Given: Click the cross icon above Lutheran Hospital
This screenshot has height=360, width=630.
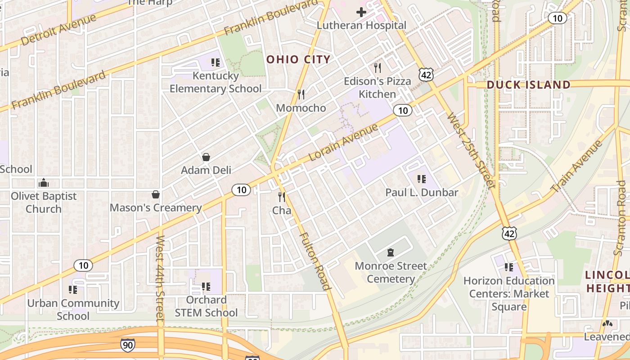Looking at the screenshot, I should pyautogui.click(x=361, y=12).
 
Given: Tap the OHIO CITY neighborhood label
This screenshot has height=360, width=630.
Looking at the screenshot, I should pyautogui.click(x=298, y=59).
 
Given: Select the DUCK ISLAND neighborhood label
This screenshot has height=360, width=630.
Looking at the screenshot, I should pyautogui.click(x=528, y=85).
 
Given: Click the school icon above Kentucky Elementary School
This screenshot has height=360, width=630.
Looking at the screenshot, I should pyautogui.click(x=215, y=63).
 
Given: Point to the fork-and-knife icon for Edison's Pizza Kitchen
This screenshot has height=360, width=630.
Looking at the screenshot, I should pyautogui.click(x=378, y=68).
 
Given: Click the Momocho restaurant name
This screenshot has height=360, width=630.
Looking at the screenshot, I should pyautogui.click(x=301, y=108).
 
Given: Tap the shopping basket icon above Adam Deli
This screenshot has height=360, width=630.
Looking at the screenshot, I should pyautogui.click(x=206, y=157).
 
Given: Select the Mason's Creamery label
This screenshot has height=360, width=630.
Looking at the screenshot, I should pyautogui.click(x=156, y=207).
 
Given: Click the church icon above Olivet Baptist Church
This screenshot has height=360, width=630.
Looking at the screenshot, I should pyautogui.click(x=44, y=183).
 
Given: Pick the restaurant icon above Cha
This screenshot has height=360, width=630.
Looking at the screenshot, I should pyautogui.click(x=282, y=197).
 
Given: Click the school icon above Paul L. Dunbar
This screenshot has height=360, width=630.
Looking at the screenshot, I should pyautogui.click(x=422, y=179).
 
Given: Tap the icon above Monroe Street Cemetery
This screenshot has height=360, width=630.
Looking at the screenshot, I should pyautogui.click(x=391, y=253).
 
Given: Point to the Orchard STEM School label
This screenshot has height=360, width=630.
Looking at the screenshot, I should pyautogui.click(x=206, y=306).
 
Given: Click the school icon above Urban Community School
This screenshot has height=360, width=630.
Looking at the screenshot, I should pyautogui.click(x=73, y=290).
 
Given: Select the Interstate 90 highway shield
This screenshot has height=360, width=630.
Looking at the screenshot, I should pyautogui.click(x=127, y=345).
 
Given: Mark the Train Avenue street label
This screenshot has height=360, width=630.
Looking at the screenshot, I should pyautogui.click(x=576, y=166).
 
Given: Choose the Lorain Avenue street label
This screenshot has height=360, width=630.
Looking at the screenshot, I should pyautogui.click(x=344, y=143).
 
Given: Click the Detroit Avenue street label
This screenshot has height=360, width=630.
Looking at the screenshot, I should pyautogui.click(x=58, y=29).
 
